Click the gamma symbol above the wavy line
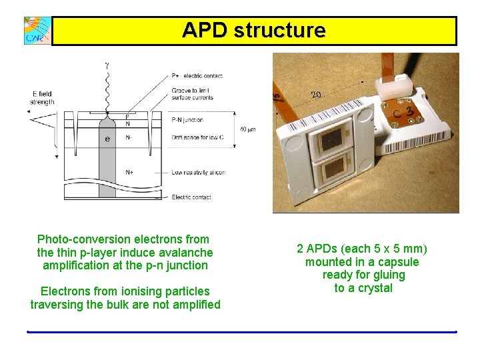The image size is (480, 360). (x=106, y=65)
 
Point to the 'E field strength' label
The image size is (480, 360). (x=43, y=98)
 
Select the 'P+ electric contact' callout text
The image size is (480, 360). (x=197, y=76)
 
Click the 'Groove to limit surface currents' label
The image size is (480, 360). (x=193, y=93)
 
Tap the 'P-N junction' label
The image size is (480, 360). (x=187, y=120)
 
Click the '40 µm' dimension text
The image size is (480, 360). (x=247, y=129)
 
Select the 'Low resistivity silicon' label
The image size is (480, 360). (x=198, y=173)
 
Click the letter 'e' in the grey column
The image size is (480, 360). (x=107, y=139)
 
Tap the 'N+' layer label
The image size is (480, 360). (x=129, y=172)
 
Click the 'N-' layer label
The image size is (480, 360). (x=129, y=138)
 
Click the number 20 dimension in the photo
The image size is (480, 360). (x=316, y=95)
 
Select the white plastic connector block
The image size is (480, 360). (x=391, y=85)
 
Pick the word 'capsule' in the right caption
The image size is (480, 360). (x=399, y=262)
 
